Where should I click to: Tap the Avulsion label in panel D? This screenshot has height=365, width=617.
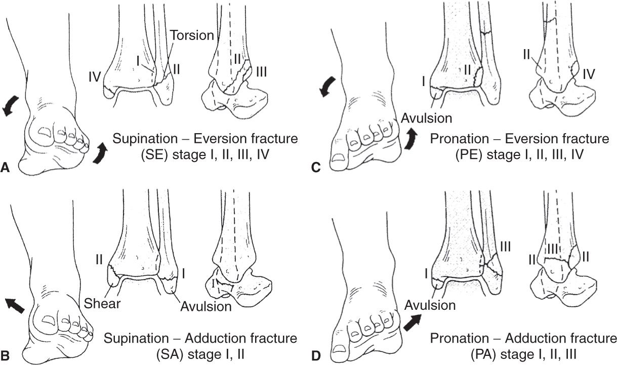pyautogui.click(x=429, y=305)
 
